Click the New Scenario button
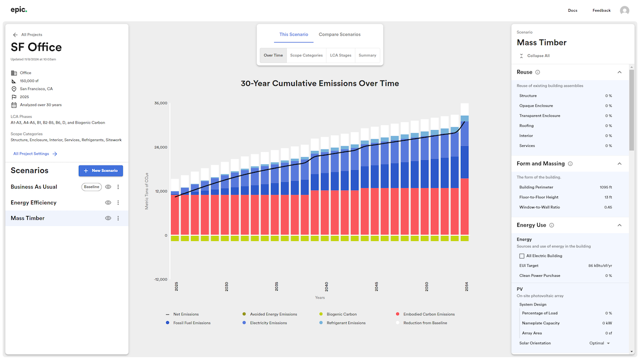click(101, 171)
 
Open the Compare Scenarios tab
click(340, 35)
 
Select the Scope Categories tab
click(306, 55)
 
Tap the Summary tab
click(367, 55)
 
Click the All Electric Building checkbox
click(522, 256)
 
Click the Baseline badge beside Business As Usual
click(91, 187)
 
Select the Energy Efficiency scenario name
click(34, 203)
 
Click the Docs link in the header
click(572, 11)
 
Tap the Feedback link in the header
click(601, 11)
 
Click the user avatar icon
click(625, 11)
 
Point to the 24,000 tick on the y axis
click(161, 147)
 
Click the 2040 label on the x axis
click(326, 286)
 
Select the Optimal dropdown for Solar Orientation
click(599, 343)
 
